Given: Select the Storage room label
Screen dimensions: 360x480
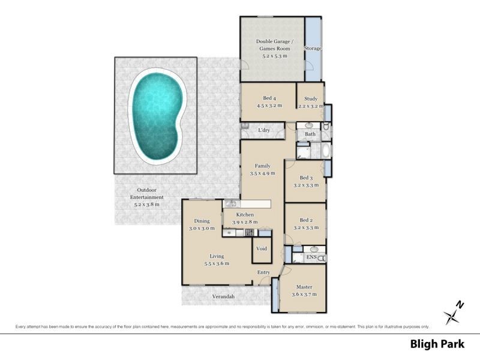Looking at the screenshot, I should tap(313, 48).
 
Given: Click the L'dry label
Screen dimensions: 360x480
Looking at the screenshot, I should tap(263, 130).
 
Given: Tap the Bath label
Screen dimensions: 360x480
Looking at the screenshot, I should tap(310, 134).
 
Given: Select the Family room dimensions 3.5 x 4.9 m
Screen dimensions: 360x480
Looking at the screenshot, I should tap(262, 173).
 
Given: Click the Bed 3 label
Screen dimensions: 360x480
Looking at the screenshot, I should tap(306, 178).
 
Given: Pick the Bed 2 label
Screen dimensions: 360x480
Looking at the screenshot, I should tap(306, 220).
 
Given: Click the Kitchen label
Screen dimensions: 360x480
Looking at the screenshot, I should tap(245, 214).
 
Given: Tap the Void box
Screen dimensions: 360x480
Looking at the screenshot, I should tap(262, 248).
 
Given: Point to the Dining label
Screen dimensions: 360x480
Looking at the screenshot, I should tap(202, 221).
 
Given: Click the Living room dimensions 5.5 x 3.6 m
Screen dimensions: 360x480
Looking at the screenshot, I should tap(217, 263).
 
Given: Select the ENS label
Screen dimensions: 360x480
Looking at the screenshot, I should tap(311, 257).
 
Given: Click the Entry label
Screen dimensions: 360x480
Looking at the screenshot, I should tap(263, 272).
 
